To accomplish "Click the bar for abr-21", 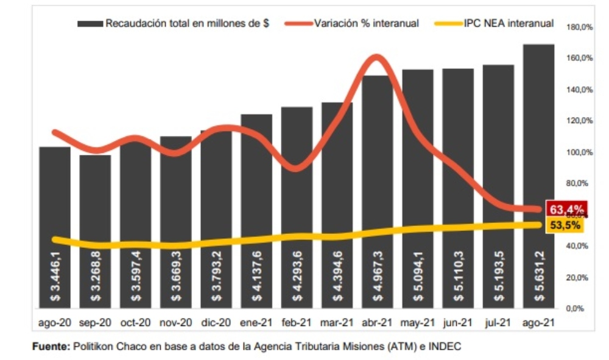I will (377, 183).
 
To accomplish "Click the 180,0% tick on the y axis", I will (579, 27).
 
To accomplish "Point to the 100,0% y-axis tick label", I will (579, 152).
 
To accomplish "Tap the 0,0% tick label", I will (582, 308).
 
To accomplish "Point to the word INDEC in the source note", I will (446, 347).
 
